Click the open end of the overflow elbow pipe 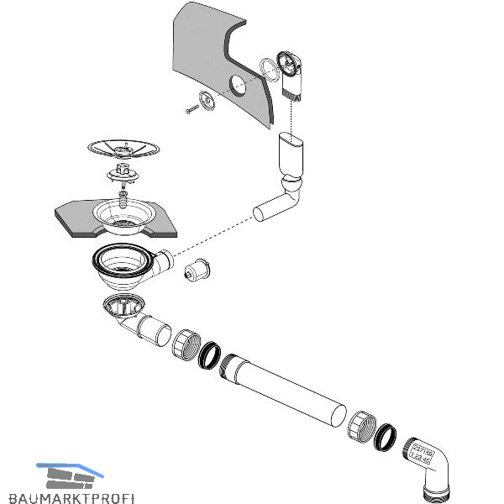260,214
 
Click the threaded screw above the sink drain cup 124,199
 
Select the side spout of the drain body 164,261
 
